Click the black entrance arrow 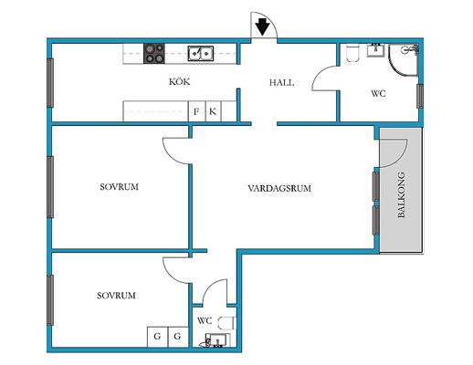(x=262, y=26)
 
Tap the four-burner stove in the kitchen (x=154, y=54)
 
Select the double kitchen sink (x=200, y=53)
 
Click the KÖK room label (x=180, y=81)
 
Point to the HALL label (x=281, y=82)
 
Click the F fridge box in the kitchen (x=197, y=111)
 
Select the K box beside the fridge (x=213, y=111)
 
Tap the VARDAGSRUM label (x=279, y=188)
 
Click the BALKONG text (x=402, y=194)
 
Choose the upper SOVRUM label (x=119, y=186)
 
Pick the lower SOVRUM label (x=116, y=296)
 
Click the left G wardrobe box (x=157, y=337)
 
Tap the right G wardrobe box (x=178, y=337)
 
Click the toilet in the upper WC (x=352, y=53)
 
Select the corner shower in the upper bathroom (x=404, y=59)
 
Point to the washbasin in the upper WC (x=375, y=50)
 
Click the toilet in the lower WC (x=227, y=323)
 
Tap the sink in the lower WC (x=217, y=340)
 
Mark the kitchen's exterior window (x=50, y=83)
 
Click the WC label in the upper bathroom (x=378, y=93)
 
